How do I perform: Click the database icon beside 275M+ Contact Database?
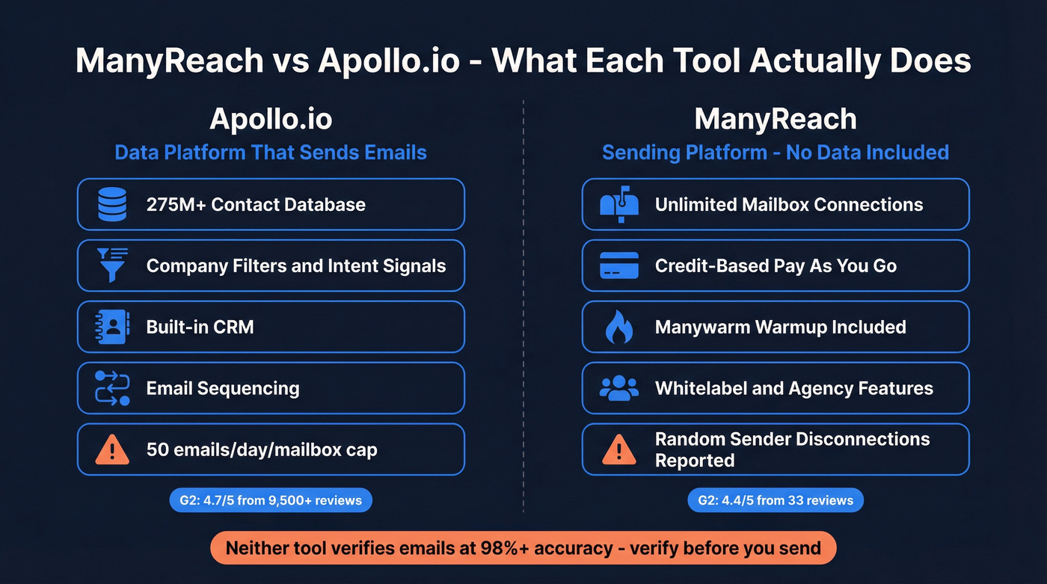pyautogui.click(x=113, y=204)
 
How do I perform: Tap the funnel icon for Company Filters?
pyautogui.click(x=113, y=265)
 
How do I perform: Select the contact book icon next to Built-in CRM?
pyautogui.click(x=113, y=327)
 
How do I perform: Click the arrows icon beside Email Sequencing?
pyautogui.click(x=113, y=388)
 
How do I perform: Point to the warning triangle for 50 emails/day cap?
pyautogui.click(x=113, y=449)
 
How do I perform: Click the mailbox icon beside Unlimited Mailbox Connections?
pyautogui.click(x=618, y=204)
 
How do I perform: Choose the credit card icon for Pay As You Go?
pyautogui.click(x=618, y=265)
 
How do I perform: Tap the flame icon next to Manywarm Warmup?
pyautogui.click(x=618, y=327)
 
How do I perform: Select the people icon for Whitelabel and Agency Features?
pyautogui.click(x=618, y=388)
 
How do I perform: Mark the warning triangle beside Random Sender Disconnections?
pyautogui.click(x=618, y=449)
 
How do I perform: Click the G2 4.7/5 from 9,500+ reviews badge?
pyautogui.click(x=271, y=500)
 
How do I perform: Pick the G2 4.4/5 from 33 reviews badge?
pyautogui.click(x=775, y=500)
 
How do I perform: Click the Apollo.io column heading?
pyautogui.click(x=271, y=120)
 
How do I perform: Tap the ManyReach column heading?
pyautogui.click(x=775, y=120)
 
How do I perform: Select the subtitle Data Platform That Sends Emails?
pyautogui.click(x=271, y=153)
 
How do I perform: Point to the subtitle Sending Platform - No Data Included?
pyautogui.click(x=775, y=153)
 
